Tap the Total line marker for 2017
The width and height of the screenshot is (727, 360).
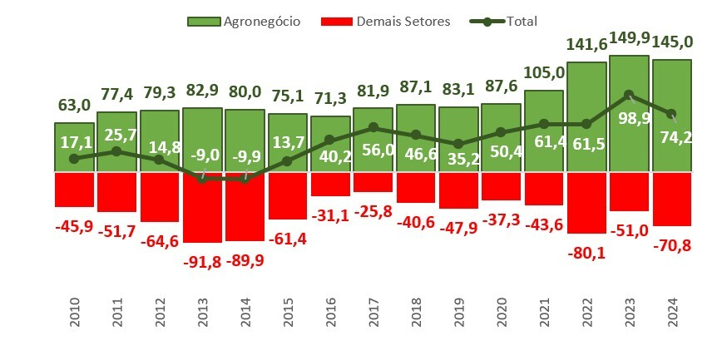373,127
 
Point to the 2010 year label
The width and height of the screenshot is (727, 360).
74,315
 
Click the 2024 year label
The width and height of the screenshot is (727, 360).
671,315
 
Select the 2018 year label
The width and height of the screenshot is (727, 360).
415,315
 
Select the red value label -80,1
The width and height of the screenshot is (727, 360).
586,253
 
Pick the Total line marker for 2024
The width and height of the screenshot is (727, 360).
671,114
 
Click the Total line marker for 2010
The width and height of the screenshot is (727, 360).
74,158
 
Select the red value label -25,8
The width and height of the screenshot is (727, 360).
373,211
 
